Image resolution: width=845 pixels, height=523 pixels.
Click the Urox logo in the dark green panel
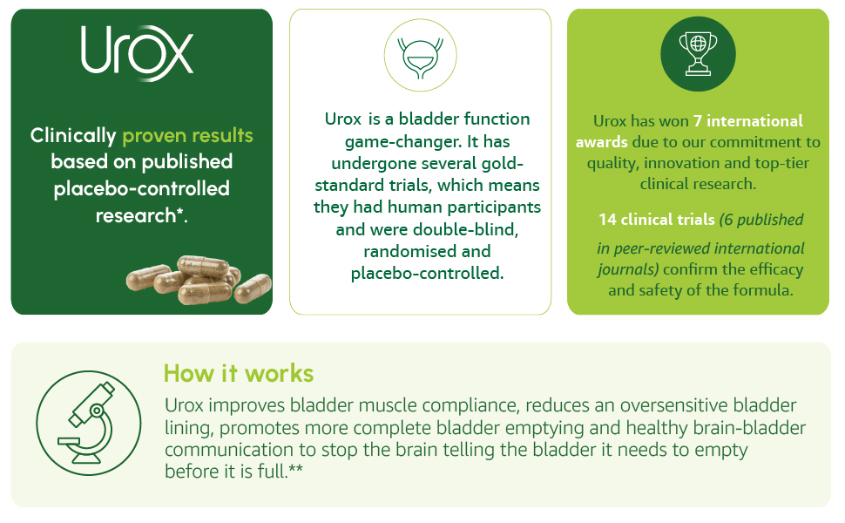pos(137,52)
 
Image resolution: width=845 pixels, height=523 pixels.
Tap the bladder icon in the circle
pos(421,56)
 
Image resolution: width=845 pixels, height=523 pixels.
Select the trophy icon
pos(698,54)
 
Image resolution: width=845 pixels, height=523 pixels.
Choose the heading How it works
pos(238,373)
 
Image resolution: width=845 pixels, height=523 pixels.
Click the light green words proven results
pos(187,135)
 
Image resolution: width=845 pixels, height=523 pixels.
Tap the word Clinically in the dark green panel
pos(73,135)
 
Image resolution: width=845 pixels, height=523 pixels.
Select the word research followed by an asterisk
pos(141,215)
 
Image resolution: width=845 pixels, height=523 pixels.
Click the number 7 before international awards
pos(697,121)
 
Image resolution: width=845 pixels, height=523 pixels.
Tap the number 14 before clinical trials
pos(607,220)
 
